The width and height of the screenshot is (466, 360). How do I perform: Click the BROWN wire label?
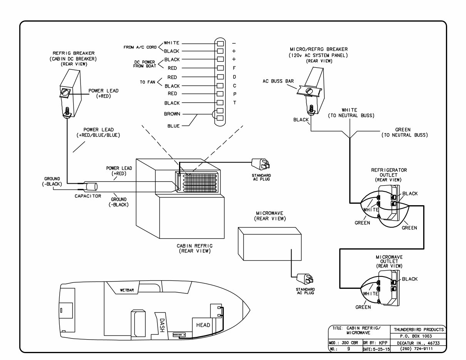[171, 114]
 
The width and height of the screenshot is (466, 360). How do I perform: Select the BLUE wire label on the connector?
[173, 126]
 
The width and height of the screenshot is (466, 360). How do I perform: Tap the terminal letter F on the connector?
[234, 68]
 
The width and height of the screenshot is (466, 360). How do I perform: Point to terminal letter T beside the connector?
[234, 103]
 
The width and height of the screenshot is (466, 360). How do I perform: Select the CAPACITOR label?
[88, 196]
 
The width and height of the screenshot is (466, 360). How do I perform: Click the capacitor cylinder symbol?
[91, 187]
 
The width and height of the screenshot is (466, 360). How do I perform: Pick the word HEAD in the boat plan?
[203, 325]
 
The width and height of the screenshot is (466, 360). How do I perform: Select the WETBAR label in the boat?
[127, 290]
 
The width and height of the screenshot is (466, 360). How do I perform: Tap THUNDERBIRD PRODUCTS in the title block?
[418, 329]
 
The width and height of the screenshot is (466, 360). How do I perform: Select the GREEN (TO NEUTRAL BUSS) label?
[404, 132]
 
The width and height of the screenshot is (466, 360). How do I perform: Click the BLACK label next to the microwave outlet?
[410, 279]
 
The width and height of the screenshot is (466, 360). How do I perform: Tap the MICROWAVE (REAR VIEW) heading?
[270, 216]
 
